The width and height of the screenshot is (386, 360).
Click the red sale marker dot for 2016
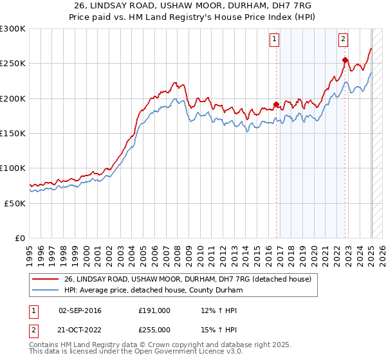[276, 104]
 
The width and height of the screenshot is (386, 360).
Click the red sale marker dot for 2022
[345, 60]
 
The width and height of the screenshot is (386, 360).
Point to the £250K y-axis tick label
[13, 64]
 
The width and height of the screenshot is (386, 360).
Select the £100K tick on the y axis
[13, 168]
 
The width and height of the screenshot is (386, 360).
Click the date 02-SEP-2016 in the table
[80, 310]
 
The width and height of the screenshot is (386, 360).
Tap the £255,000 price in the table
[154, 330]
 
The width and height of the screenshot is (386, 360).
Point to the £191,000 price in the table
[154, 310]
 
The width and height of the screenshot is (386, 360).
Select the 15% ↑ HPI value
[219, 330]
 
